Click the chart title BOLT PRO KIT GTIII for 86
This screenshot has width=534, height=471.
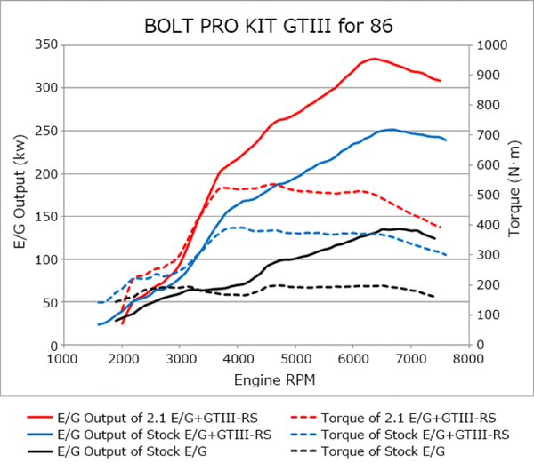[267, 20]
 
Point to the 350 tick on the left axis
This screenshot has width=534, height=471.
[42, 44]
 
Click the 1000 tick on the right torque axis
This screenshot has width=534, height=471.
[491, 44]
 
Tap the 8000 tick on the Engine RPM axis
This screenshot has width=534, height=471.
[469, 359]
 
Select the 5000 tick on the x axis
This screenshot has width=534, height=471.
[295, 359]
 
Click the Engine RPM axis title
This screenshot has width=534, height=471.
[265, 379]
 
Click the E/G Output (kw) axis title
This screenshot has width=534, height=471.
[15, 194]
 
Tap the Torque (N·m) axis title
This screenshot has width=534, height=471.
[516, 194]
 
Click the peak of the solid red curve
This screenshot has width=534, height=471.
[375, 59]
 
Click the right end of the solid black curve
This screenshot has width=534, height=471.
[435, 238]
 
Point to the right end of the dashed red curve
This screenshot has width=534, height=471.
[441, 228]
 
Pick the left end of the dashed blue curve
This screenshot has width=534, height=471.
[98, 303]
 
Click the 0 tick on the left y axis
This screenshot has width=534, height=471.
[51, 345]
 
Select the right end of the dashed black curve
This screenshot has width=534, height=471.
[435, 297]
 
